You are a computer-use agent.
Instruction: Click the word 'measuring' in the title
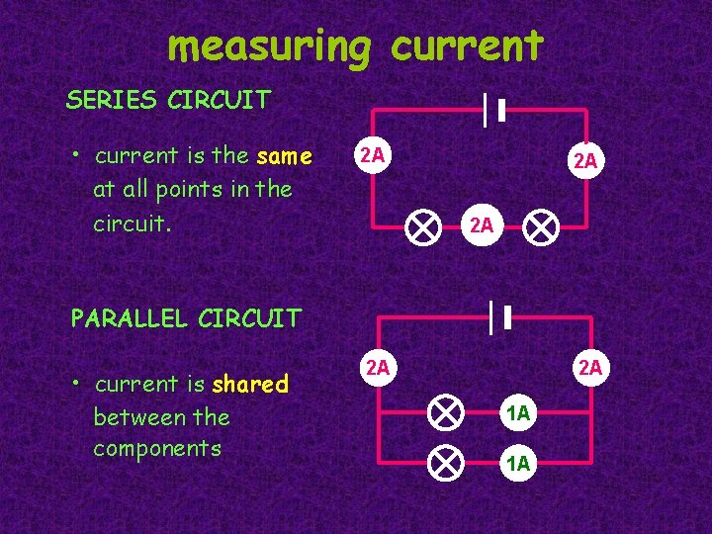[268, 46]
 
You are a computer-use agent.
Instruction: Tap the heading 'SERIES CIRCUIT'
[167, 100]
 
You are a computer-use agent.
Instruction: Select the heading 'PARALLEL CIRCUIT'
[185, 318]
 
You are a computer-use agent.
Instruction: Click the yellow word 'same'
[284, 156]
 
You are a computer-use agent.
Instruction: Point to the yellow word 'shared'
[250, 384]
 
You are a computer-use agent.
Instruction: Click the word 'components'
[157, 448]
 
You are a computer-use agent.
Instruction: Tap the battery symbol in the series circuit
[493, 111]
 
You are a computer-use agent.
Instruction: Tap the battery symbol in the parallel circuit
[500, 317]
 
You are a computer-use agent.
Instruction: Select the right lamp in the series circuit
[540, 228]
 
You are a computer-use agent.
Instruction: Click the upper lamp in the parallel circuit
[447, 411]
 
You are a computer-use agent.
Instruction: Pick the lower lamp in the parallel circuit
[447, 461]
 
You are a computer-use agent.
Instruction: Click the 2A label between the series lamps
[482, 225]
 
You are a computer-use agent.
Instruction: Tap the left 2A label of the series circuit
[372, 154]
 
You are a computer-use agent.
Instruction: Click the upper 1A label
[518, 414]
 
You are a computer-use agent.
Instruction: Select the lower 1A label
[518, 463]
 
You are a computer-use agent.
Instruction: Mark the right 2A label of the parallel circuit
[590, 369]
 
